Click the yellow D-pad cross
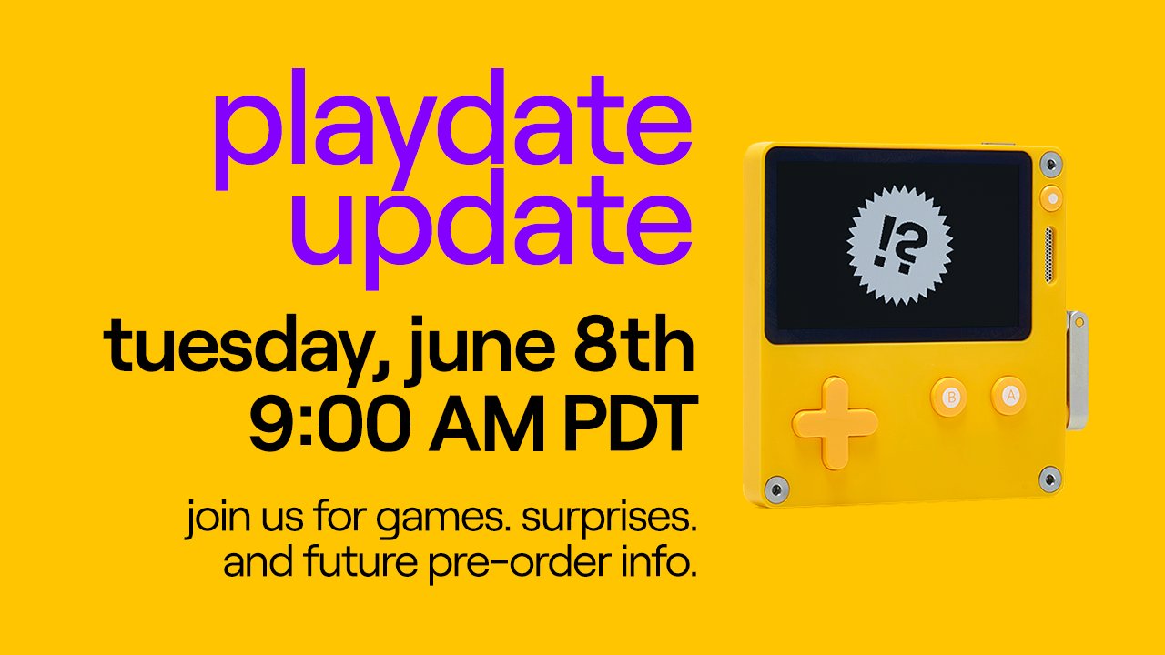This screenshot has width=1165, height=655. (835, 422)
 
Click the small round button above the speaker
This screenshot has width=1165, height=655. (1051, 196)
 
